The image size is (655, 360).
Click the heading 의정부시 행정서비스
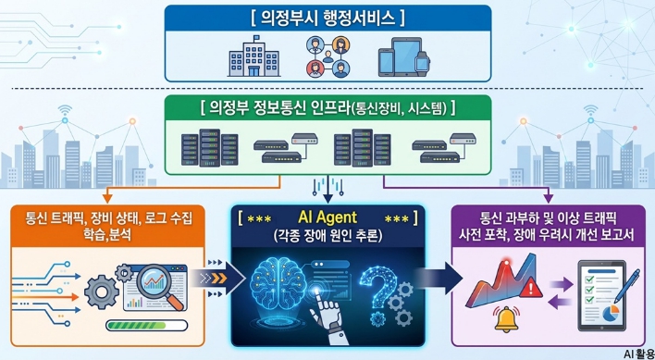coord(327,19)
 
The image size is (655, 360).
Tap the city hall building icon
coord(254,57)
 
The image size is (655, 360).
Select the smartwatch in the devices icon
coord(422,63)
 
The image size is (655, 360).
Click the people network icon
coord(328,56)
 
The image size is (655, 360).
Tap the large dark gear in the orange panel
coord(102,292)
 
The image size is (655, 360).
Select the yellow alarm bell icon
coord(507,318)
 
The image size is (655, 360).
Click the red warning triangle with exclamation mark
coord(530,287)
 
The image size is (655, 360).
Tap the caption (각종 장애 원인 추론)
coord(327,236)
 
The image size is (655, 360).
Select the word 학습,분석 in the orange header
coord(107,236)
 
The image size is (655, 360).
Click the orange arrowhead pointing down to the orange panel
coord(107,199)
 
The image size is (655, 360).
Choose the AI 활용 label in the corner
coord(639,354)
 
